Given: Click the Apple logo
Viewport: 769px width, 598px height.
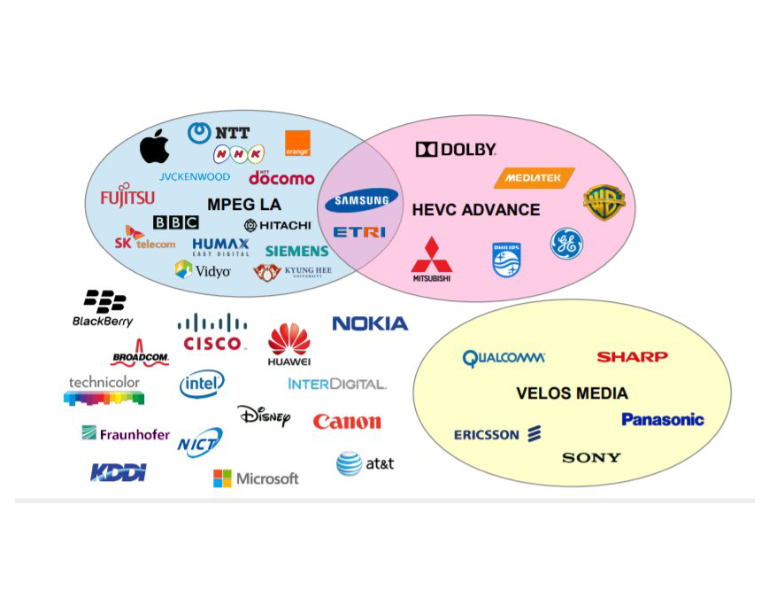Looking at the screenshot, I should pyautogui.click(x=154, y=146).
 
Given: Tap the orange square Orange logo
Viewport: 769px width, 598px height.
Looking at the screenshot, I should pyautogui.click(x=297, y=144).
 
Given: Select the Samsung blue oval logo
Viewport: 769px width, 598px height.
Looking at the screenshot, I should pyautogui.click(x=361, y=201).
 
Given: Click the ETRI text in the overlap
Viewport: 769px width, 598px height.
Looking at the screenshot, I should pyautogui.click(x=359, y=232).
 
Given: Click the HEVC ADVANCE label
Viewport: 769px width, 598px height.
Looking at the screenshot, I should pyautogui.click(x=475, y=210).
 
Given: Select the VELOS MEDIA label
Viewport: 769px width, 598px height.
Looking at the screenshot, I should pyautogui.click(x=572, y=393).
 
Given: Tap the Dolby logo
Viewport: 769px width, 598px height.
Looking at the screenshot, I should pyautogui.click(x=456, y=150).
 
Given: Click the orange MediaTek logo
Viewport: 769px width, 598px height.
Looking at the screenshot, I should pyautogui.click(x=534, y=178).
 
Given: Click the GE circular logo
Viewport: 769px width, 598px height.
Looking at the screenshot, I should pyautogui.click(x=566, y=244).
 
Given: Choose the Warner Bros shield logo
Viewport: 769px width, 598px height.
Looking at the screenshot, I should pyautogui.click(x=604, y=203).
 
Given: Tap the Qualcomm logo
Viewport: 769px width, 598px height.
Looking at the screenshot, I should pyautogui.click(x=504, y=359).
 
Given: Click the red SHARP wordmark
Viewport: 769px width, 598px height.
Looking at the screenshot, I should pyautogui.click(x=632, y=357).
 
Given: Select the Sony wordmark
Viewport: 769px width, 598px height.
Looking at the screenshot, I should pyautogui.click(x=591, y=458).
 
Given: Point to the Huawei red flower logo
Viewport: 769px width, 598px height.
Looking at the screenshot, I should pyautogui.click(x=289, y=339).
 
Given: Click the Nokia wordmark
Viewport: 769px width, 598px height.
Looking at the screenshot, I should pyautogui.click(x=370, y=323).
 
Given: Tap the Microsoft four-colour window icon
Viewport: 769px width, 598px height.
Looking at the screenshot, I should pyautogui.click(x=222, y=478).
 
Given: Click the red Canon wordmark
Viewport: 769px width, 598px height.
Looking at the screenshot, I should pyautogui.click(x=347, y=422).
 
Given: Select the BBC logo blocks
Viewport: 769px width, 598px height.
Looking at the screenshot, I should pyautogui.click(x=175, y=222).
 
